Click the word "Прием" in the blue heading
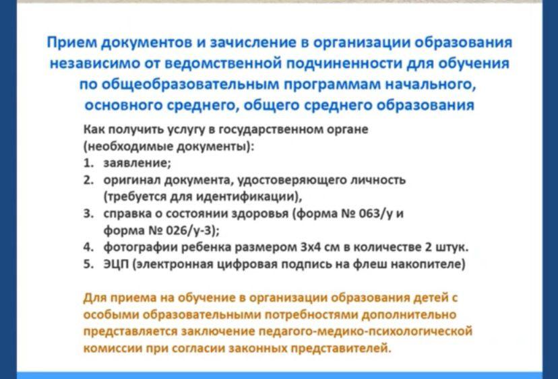[x=72, y=42]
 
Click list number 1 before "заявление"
[x=88, y=163]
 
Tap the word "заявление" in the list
[x=137, y=163]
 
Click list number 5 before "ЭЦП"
[x=88, y=264]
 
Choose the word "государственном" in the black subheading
[x=269, y=129]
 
